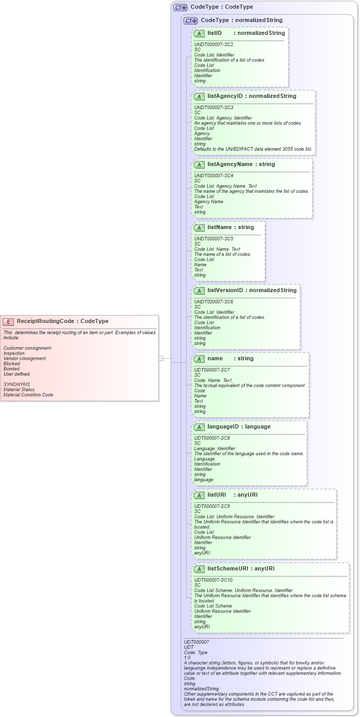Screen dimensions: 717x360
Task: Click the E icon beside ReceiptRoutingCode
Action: click(x=8, y=321)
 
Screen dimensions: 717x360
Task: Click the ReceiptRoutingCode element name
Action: click(x=45, y=321)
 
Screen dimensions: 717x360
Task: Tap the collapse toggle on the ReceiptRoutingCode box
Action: click(x=161, y=358)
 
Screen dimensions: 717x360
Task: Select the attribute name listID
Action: click(x=214, y=33)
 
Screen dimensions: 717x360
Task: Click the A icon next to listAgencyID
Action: click(x=199, y=96)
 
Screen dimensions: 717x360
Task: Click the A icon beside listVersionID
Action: click(x=199, y=291)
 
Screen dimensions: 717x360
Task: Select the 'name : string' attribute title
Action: click(x=230, y=358)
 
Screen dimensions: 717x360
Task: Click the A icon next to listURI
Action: click(x=199, y=495)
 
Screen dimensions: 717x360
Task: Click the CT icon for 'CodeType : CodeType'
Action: click(x=180, y=7)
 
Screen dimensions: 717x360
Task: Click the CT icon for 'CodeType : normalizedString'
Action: click(x=190, y=21)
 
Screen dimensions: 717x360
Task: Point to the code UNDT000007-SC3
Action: click(x=213, y=108)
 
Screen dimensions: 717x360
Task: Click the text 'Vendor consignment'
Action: click(x=25, y=358)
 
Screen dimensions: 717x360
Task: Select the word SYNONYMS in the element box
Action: click(x=16, y=384)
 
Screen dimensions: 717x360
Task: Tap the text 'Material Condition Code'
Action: click(x=28, y=395)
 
